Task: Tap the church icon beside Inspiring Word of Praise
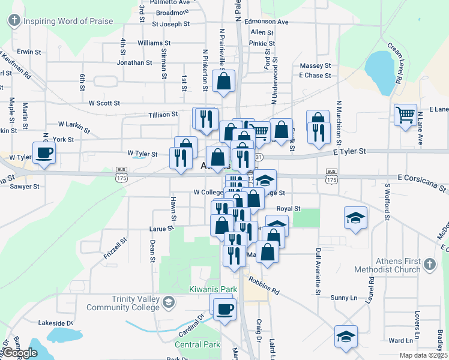coord(14,22)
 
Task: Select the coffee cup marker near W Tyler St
coord(43,153)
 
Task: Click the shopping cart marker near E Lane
coord(406,114)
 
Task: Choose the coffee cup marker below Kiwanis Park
coord(225,310)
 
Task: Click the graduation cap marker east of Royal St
coord(355,217)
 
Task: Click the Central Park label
coord(197,344)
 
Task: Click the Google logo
coord(21,353)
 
